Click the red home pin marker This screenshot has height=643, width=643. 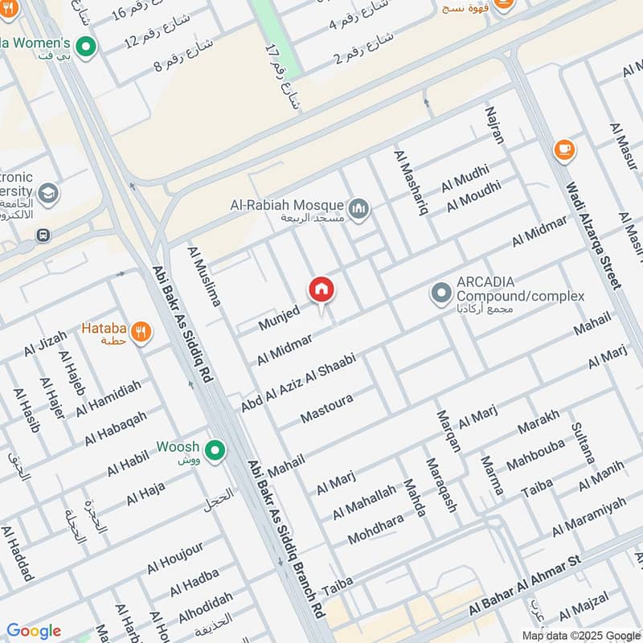click(x=321, y=290)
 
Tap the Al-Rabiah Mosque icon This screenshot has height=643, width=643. click(x=358, y=210)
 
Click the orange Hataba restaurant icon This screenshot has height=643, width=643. click(x=141, y=332)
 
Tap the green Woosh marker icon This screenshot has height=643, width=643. click(x=215, y=451)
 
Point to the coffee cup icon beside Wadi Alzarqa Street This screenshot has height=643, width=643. click(x=564, y=150)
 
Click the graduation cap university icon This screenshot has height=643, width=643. click(x=47, y=192)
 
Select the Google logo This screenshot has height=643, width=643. click(x=34, y=631)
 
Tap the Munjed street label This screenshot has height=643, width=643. click(x=279, y=317)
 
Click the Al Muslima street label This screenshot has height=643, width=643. click(x=203, y=276)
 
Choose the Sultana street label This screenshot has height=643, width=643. click(x=583, y=444)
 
